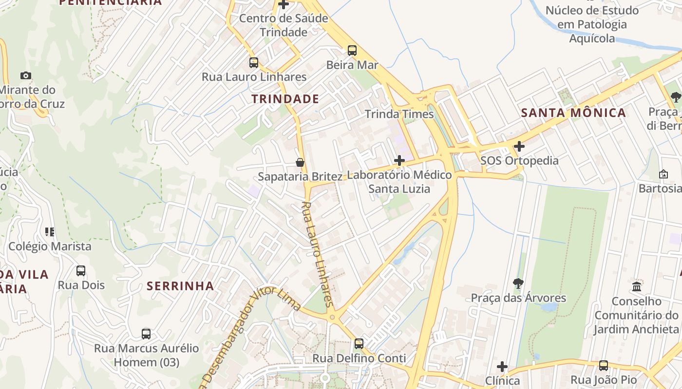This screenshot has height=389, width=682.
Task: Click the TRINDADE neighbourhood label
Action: pyautogui.click(x=285, y=99)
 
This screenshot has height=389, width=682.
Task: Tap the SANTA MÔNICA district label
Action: pyautogui.click(x=573, y=113)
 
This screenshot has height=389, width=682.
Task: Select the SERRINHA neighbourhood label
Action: pyautogui.click(x=180, y=286)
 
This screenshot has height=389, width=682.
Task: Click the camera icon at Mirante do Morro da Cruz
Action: pyautogui.click(x=26, y=75)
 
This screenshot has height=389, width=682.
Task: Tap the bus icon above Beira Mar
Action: pyautogui.click(x=352, y=50)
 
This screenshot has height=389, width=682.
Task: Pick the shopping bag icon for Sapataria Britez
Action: pyautogui.click(x=300, y=162)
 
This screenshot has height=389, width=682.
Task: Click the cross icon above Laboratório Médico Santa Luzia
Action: pyautogui.click(x=399, y=160)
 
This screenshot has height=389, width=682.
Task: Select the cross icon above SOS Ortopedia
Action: pyautogui.click(x=519, y=146)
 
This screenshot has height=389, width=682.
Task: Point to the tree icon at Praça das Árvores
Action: pyautogui.click(x=518, y=283)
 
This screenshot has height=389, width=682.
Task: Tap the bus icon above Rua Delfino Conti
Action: pyautogui.click(x=359, y=343)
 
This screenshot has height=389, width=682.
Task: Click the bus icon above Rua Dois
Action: pyautogui.click(x=81, y=270)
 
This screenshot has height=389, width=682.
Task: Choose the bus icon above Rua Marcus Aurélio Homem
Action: pyautogui.click(x=146, y=334)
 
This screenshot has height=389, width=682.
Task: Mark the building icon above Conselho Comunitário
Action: pyautogui.click(x=636, y=286)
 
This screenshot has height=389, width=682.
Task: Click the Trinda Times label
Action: pyautogui.click(x=399, y=114)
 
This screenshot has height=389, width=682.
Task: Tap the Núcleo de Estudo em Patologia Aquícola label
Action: pyautogui.click(x=592, y=24)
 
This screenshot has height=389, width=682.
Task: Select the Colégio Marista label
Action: pyautogui.click(x=50, y=246)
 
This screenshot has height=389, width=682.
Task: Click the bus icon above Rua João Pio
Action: pyautogui.click(x=604, y=365)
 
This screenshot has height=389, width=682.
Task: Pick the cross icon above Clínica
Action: pyautogui.click(x=502, y=366)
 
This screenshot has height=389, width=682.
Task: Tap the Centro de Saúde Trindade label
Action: pyautogui.click(x=284, y=25)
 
